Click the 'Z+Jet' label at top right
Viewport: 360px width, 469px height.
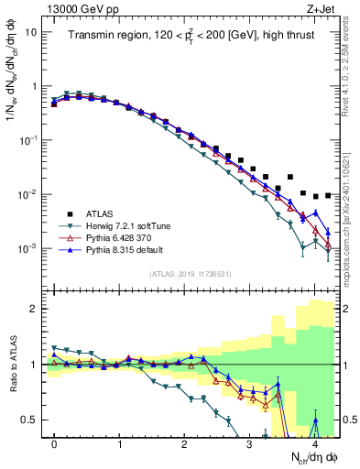point(321,8)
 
